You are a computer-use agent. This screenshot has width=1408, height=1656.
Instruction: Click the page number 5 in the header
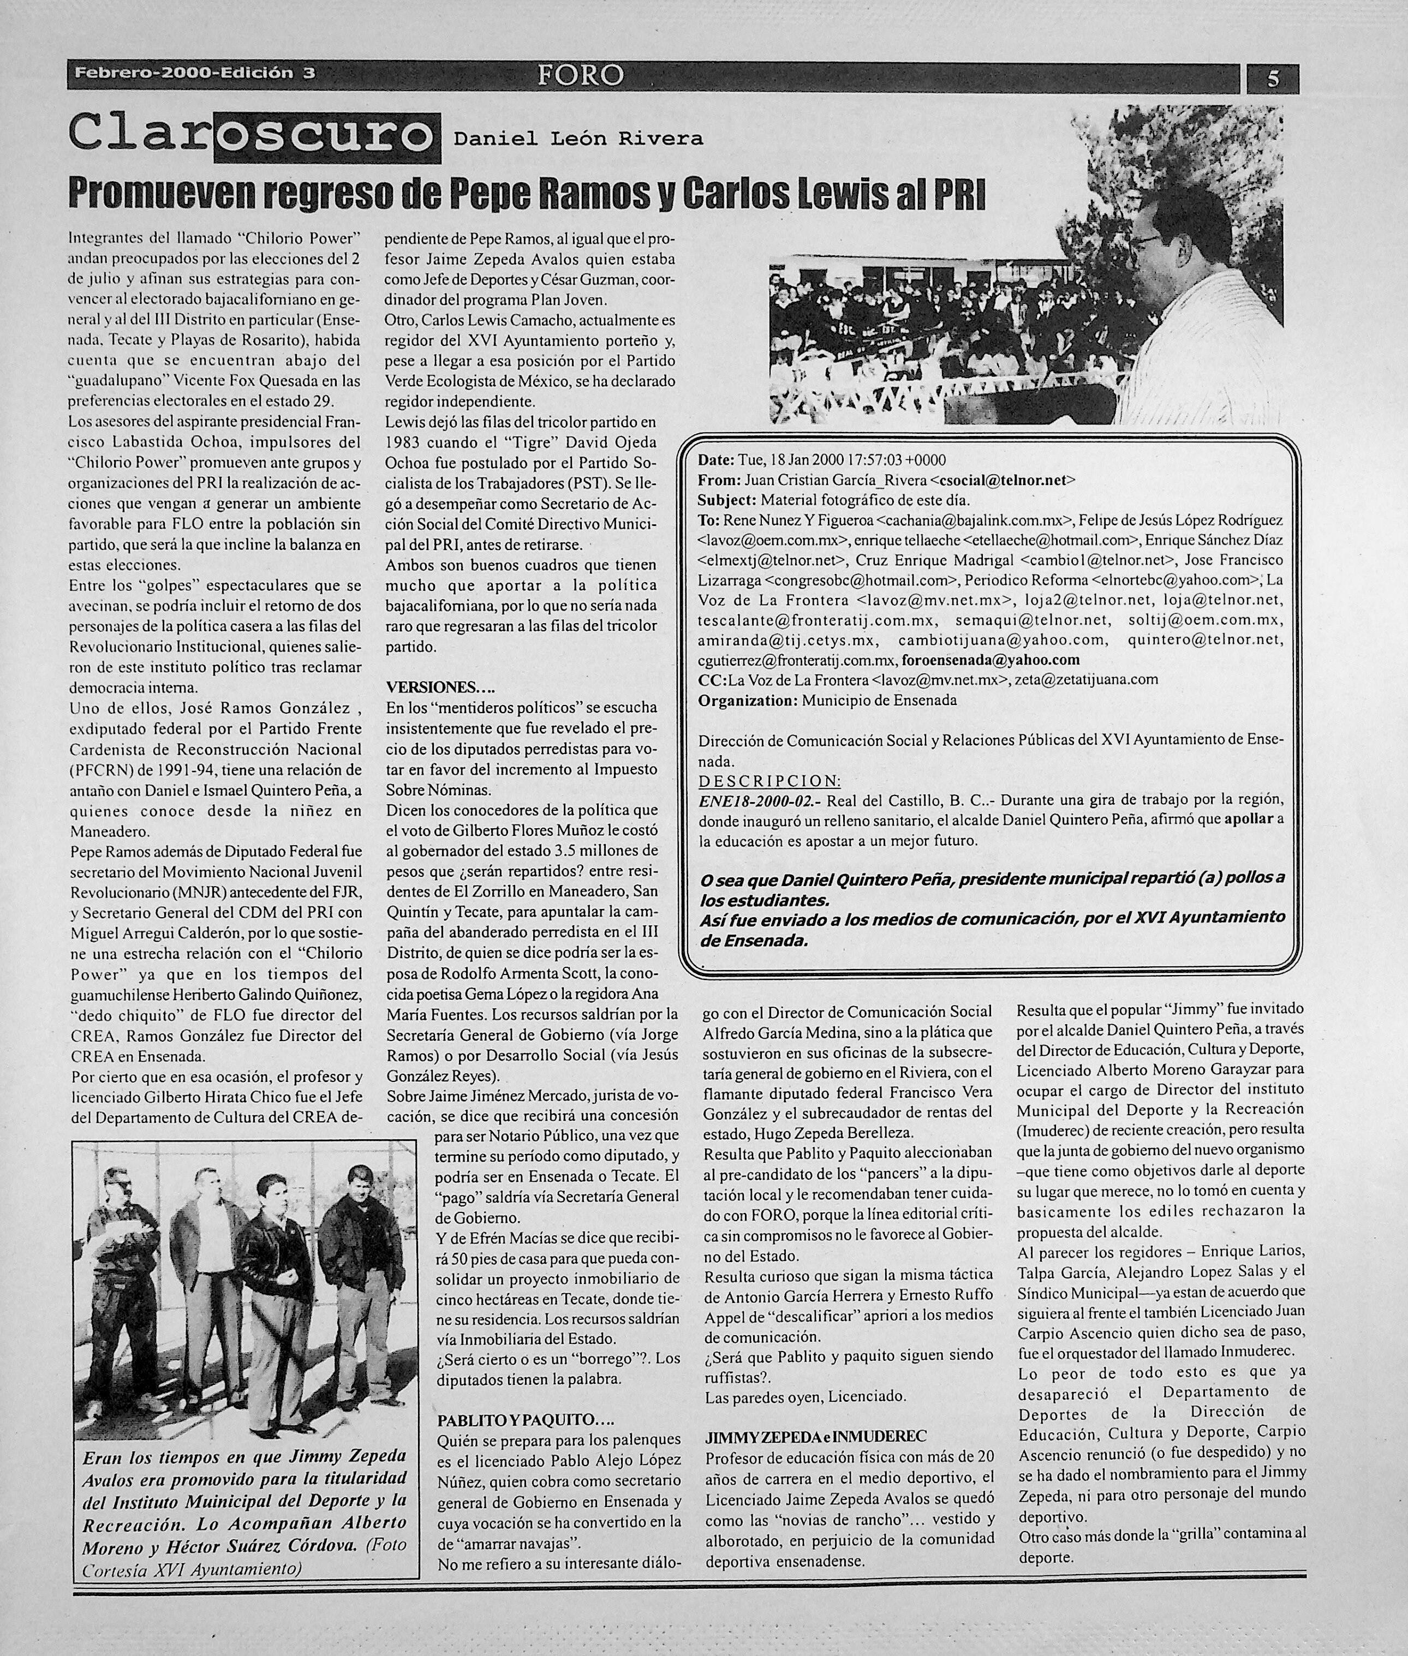click(1273, 78)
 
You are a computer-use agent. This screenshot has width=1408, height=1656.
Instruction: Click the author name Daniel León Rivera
click(578, 139)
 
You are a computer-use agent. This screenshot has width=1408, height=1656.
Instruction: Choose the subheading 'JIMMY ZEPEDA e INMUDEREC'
click(816, 1436)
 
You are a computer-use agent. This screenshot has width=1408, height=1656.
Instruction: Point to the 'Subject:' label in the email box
click(726, 500)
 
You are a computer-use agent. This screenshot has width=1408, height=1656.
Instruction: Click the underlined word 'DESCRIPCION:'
click(768, 780)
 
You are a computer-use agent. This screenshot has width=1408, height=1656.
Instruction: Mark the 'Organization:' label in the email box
click(748, 700)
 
